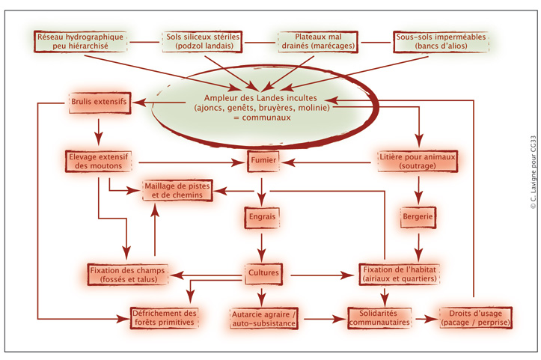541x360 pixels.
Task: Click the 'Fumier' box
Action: point(262,160)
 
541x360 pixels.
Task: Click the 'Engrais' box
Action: point(261,217)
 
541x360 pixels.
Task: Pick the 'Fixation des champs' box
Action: point(125,274)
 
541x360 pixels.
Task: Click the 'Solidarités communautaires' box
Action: point(381,317)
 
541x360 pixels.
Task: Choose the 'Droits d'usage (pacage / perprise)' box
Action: point(475,317)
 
